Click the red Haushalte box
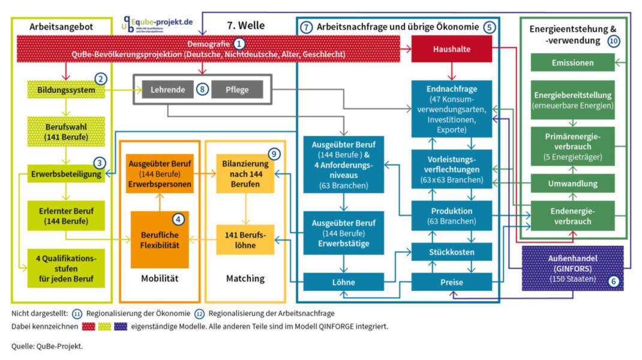click(451, 49)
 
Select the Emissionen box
click(572, 62)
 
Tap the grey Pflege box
click(238, 89)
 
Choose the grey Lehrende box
click(168, 89)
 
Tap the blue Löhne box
click(343, 281)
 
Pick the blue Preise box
click(451, 281)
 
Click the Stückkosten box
click(451, 251)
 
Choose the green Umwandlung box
click(572, 183)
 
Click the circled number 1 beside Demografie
click(239, 44)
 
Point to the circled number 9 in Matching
click(273, 154)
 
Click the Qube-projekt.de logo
click(158, 23)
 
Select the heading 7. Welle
click(245, 26)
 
